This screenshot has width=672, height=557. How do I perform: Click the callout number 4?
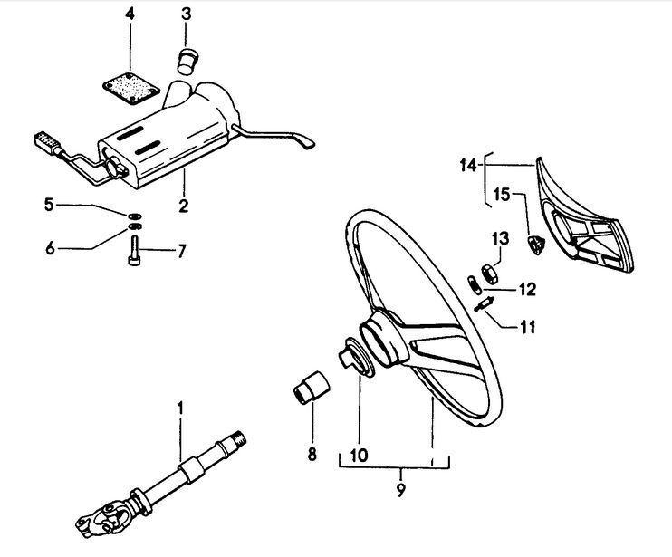[130, 14]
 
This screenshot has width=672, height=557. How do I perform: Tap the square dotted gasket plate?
[131, 89]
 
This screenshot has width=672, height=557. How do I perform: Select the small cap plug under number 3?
[186, 62]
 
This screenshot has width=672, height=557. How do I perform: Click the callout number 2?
[184, 206]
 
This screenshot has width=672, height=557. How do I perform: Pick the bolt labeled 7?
[134, 251]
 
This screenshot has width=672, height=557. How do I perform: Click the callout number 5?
[49, 205]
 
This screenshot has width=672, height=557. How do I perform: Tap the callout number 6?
[50, 248]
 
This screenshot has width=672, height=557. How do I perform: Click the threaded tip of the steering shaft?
[240, 437]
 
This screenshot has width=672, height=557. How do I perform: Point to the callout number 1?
[180, 408]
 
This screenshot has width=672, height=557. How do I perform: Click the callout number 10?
[360, 455]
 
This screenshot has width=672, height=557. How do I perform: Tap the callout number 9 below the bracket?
[400, 490]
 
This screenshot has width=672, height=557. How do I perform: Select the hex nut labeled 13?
[488, 274]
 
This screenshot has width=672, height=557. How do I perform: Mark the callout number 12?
[528, 290]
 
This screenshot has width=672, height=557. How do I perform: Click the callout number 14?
[468, 165]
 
